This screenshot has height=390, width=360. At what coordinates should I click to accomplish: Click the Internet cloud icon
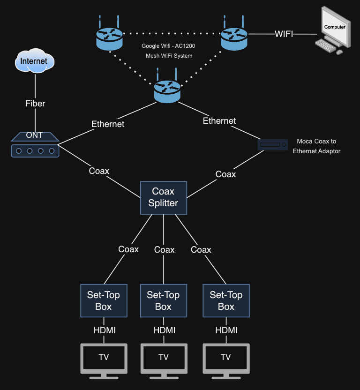[35, 61]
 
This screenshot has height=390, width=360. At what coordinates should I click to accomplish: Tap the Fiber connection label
[35, 103]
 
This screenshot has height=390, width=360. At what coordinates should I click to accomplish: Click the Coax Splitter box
[164, 197]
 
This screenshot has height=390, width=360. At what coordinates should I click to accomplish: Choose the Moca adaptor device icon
[273, 145]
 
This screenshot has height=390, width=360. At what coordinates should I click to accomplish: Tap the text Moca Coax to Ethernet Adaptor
[316, 146]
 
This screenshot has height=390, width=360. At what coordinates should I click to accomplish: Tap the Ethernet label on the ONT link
[108, 124]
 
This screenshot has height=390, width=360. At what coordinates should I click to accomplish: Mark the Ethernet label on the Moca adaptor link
[219, 121]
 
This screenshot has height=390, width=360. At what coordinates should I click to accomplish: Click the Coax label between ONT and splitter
[99, 171]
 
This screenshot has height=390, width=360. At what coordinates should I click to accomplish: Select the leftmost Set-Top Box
[104, 300]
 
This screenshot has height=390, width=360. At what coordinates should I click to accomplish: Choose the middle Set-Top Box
[163, 300]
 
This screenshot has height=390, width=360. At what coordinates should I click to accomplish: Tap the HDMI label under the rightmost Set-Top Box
[226, 330]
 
